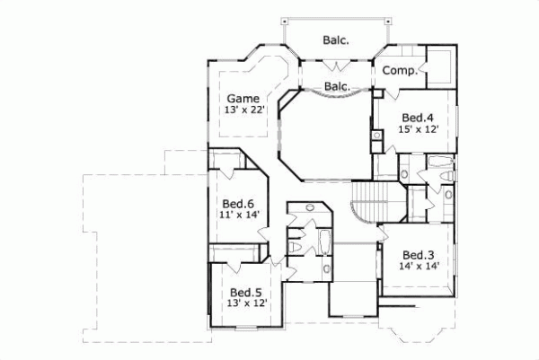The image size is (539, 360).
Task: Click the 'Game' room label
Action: point(243,98)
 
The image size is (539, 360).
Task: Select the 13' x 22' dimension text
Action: point(243,110)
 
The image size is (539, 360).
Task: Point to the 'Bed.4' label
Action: point(416,118)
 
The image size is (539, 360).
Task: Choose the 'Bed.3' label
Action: point(418,254)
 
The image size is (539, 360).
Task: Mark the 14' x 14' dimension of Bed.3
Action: point(418,267)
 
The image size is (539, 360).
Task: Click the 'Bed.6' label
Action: point(232,204)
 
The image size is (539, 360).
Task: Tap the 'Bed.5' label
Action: point(245,292)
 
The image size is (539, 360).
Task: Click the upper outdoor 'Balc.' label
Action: point(336,40)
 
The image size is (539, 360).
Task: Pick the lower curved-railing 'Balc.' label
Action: point(336,86)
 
